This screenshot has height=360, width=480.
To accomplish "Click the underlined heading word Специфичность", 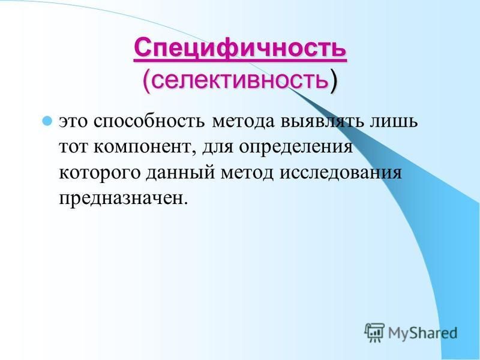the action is pos(241,49).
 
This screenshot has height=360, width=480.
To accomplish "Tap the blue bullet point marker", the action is pos(47,121).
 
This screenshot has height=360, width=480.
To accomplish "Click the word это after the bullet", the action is pos(73,122).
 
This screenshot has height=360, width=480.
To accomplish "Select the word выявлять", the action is pos(323,122).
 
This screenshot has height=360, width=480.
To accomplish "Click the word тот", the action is pos(73,148).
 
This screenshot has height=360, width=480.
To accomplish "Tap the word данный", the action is pos(180,173).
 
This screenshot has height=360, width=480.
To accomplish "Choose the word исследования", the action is pos(340,173).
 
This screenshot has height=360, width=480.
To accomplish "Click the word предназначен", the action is pos(122,200).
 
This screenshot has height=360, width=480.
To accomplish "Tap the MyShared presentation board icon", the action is pos(374,332).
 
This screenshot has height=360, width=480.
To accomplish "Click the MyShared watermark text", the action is pos(423,333).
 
